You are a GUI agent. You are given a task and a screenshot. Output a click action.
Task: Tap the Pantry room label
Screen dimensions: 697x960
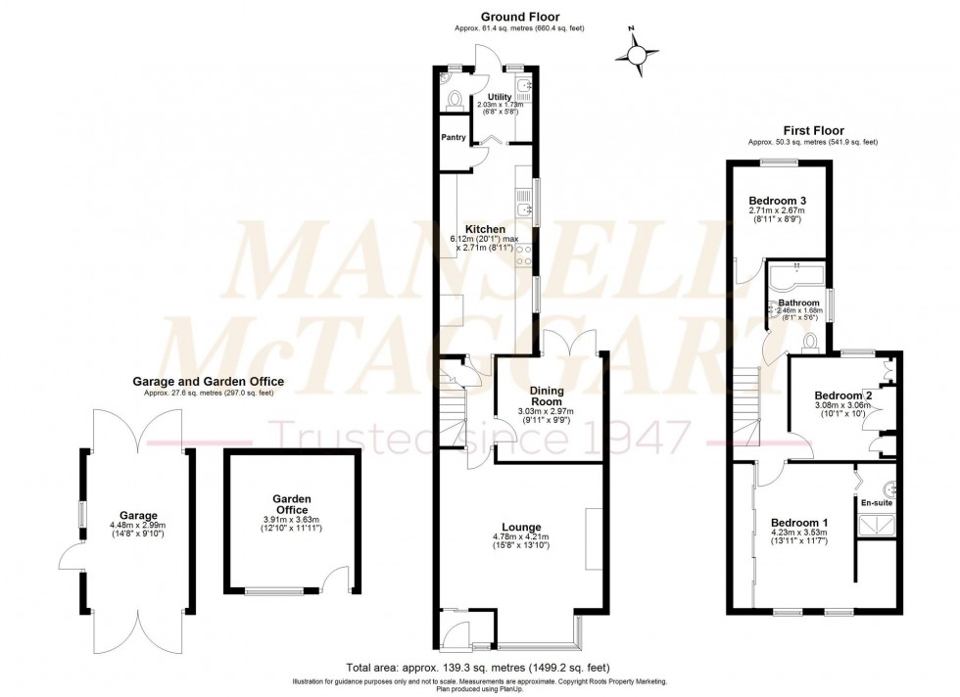tap(453, 137)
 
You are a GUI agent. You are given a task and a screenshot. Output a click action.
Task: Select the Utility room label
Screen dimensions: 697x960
tap(500, 97)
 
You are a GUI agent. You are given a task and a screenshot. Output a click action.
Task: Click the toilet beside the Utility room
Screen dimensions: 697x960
tap(452, 100)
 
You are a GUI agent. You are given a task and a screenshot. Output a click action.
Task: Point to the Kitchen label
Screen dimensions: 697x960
tap(485, 230)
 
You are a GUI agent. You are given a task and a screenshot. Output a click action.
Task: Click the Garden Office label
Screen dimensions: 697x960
tap(292, 504)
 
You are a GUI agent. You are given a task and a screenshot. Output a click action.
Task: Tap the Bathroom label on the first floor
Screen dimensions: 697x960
tap(798, 303)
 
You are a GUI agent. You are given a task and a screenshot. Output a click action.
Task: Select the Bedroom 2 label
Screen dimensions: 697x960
tap(838, 395)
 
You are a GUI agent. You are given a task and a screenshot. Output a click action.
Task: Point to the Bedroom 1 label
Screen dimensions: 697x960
tap(798, 522)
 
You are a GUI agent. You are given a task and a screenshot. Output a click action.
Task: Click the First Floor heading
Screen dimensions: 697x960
tap(812, 130)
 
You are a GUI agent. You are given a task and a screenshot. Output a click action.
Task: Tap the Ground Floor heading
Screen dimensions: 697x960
tap(519, 17)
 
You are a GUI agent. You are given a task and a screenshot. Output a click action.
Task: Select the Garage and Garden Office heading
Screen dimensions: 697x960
tap(209, 382)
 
